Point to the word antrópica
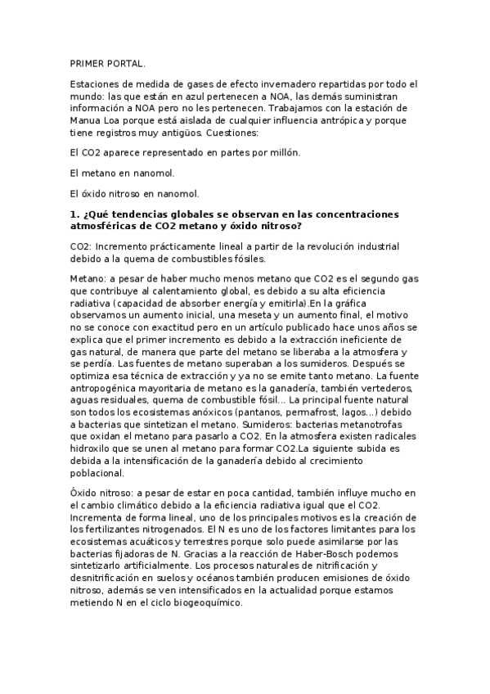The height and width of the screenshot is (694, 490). point(337,120)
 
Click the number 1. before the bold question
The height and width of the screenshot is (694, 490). point(75,214)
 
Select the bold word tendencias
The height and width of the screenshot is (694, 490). point(133,214)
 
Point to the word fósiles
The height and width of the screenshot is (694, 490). point(245,259)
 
